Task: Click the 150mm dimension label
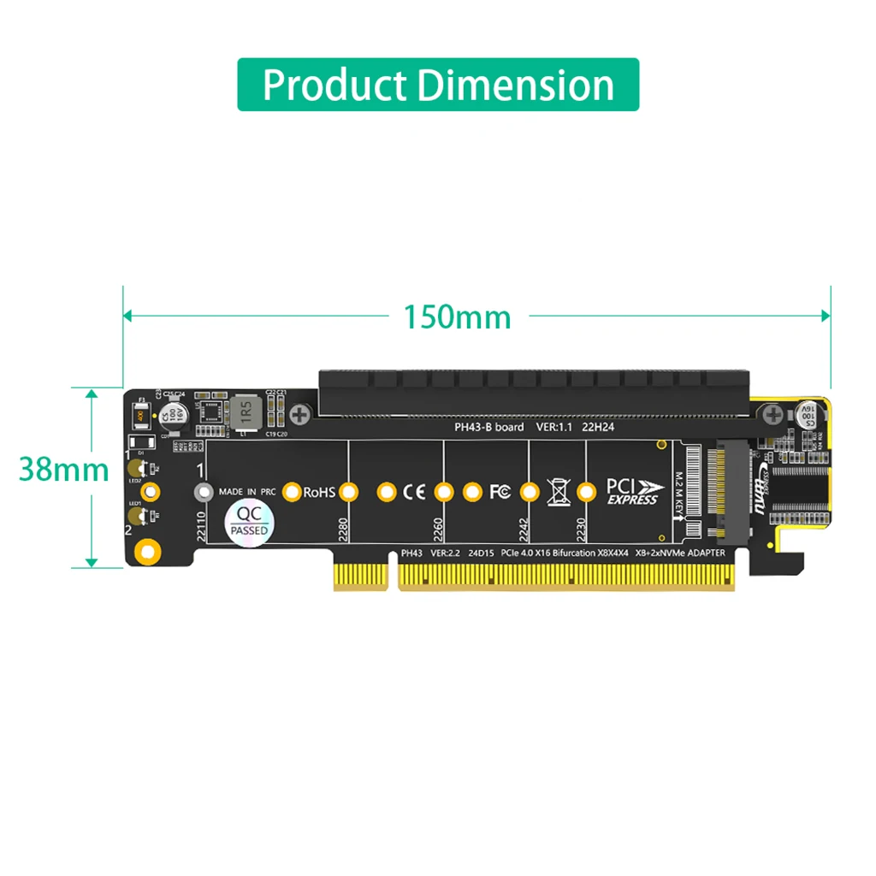pos(457,317)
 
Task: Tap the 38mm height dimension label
pos(64,470)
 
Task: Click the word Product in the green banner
pos(334,85)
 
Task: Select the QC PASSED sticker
pos(249,520)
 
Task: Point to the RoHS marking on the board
pos(319,492)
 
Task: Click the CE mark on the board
pos(414,492)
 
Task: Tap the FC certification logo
pos(500,492)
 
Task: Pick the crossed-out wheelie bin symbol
pos(558,492)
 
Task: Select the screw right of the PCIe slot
pos(772,416)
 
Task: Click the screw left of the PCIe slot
pos(299,417)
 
